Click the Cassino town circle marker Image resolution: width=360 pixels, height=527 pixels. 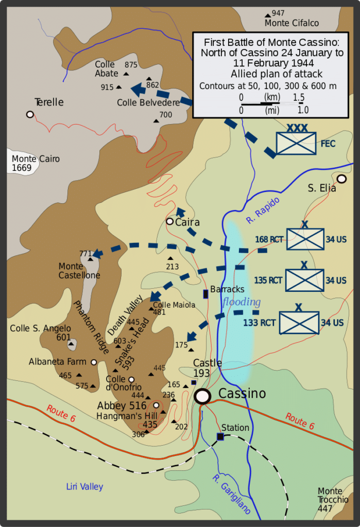click(202, 396)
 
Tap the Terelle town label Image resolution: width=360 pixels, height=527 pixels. click(49, 102)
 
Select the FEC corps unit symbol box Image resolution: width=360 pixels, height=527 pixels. click(296, 143)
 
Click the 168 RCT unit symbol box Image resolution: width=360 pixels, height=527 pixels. click(305, 239)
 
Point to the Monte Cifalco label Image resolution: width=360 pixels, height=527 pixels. click(292, 23)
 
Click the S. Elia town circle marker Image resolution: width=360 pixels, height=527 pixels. click(341, 179)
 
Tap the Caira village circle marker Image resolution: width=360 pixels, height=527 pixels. click(169, 221)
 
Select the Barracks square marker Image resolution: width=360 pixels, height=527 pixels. click(206, 294)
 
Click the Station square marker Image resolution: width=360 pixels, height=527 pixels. click(220, 437)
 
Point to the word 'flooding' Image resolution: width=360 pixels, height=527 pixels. click(242, 302)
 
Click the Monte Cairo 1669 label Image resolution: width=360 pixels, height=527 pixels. click(36, 163)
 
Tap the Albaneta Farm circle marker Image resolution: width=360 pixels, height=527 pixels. click(94, 362)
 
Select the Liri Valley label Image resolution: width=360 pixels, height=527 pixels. click(84, 487)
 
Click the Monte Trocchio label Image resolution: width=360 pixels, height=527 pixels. click(333, 495)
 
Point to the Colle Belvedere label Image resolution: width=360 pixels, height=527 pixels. click(148, 102)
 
